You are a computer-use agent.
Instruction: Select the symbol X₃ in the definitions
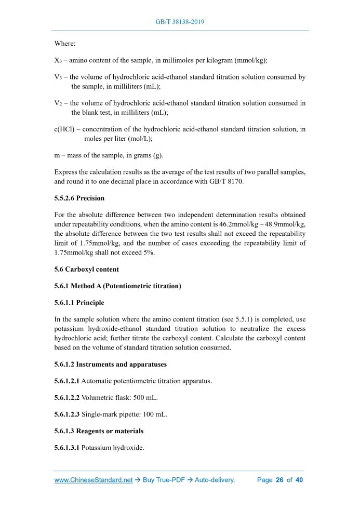pyautogui.click(x=58, y=60)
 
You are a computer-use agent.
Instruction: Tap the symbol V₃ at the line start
pyautogui.click(x=58, y=77)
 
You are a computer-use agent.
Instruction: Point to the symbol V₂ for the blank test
pyautogui.click(x=58, y=103)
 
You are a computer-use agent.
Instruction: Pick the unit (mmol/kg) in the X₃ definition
pyautogui.click(x=250, y=60)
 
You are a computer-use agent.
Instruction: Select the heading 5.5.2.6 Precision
pyautogui.click(x=79, y=198)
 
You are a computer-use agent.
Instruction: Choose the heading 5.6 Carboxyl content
pyautogui.click(x=86, y=269)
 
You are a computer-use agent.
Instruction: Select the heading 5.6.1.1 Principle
pyautogui.click(x=79, y=302)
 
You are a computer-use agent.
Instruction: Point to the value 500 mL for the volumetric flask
pyautogui.click(x=146, y=397)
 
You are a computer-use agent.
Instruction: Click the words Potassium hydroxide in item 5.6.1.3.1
pyautogui.click(x=113, y=447)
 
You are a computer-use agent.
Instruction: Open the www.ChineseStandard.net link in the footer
pyautogui.click(x=94, y=480)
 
